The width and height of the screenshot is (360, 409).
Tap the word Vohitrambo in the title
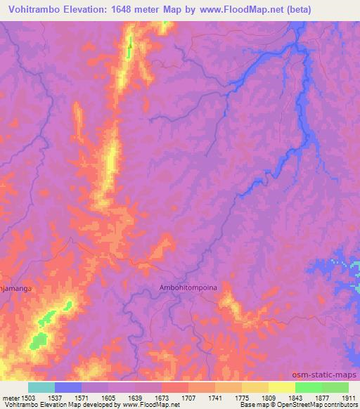[36, 10]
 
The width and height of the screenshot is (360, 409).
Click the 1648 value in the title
[131, 10]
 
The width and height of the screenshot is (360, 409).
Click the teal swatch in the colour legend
[41, 387]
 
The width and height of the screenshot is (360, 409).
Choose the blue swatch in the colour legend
[68, 387]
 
